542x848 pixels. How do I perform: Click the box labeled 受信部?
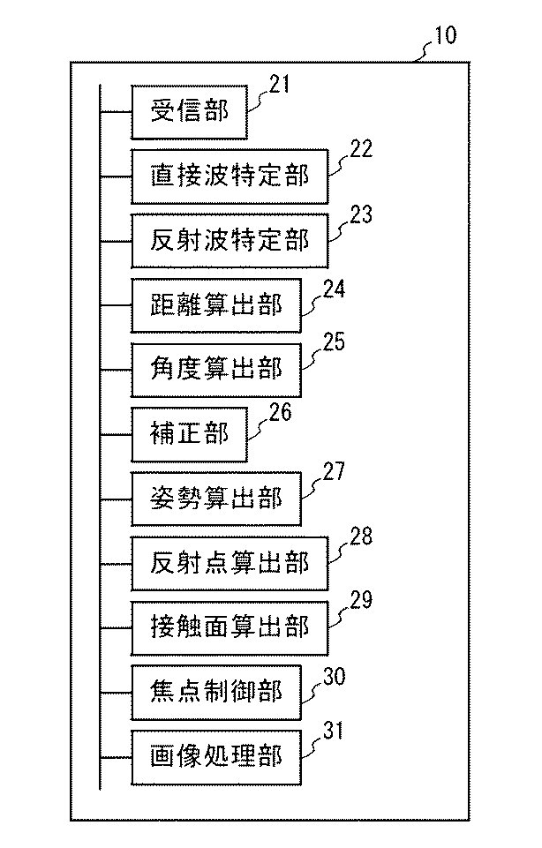pyautogui.click(x=189, y=112)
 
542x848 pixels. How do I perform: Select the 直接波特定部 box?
pyautogui.click(x=230, y=176)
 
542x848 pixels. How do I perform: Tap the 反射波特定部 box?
pyautogui.click(x=230, y=241)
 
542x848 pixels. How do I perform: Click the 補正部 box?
pyautogui.click(x=189, y=434)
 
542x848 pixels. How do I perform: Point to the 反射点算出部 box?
pyautogui.click(x=230, y=563)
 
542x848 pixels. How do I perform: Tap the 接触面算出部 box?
pyautogui.click(x=230, y=627)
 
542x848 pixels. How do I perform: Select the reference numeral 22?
pyautogui.click(x=360, y=149)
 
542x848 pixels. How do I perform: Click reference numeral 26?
pyautogui.click(x=279, y=409)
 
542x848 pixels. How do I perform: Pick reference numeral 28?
pyautogui.click(x=360, y=536)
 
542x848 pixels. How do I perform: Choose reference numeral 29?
pyautogui.click(x=360, y=600)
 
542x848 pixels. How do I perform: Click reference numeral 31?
pyautogui.click(x=333, y=731)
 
